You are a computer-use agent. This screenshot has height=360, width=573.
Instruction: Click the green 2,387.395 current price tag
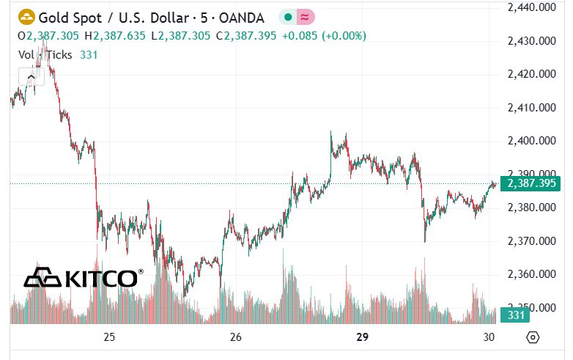532,183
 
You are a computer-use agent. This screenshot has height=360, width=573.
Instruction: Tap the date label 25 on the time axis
109,337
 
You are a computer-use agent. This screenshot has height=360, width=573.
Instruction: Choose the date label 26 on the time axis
236,337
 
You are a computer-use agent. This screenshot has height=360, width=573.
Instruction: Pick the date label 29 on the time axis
362,337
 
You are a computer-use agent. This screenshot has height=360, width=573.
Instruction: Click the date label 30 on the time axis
489,337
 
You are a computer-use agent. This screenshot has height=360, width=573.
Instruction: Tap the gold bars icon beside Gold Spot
26,16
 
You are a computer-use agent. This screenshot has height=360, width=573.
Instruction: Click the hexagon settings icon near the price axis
533,337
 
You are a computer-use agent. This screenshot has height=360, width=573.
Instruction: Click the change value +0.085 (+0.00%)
323,35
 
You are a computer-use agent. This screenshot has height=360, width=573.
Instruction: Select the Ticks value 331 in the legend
88,54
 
